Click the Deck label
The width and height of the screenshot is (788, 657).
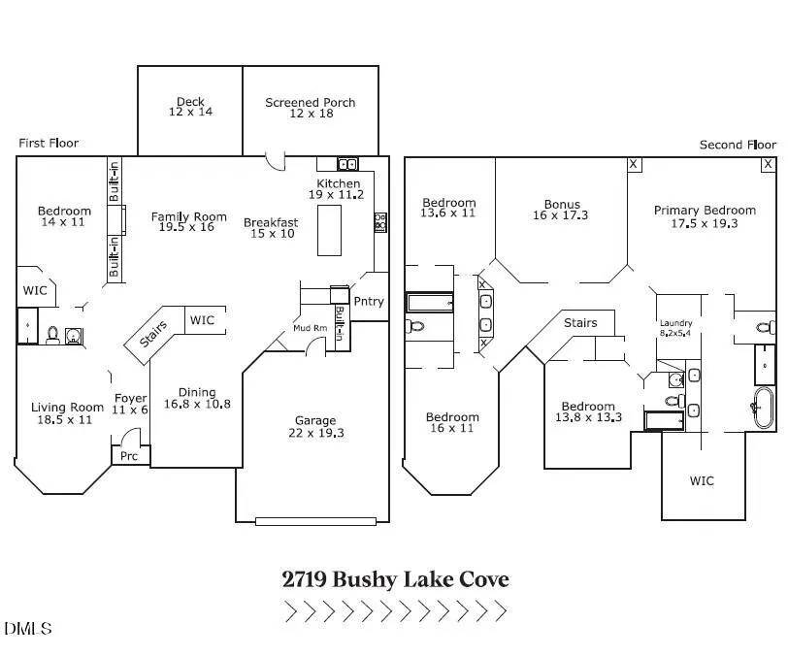pos(190,102)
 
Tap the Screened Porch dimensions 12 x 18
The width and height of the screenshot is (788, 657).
pos(312,114)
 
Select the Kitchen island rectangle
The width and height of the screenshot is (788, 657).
pos(329,231)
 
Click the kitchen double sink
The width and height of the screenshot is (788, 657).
pos(347,164)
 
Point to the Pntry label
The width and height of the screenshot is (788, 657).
pos(369,301)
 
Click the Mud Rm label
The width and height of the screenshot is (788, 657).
pos(311,328)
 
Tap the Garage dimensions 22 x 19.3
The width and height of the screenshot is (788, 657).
pos(316,433)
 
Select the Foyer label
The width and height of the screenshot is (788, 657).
pos(131,398)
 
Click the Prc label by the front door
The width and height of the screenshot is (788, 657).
pos(129,456)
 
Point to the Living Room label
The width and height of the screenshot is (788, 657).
pos(67,408)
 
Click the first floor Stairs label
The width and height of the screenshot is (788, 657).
pos(153,334)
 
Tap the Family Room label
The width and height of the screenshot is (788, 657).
pos(189,216)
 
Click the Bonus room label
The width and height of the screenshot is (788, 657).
pos(562,204)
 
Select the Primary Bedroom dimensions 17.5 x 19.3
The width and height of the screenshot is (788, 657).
pos(705,223)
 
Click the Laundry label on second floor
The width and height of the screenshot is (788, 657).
pos(676,323)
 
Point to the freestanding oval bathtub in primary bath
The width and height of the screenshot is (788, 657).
pos(765,408)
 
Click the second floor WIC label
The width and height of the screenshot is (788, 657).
pos(702,480)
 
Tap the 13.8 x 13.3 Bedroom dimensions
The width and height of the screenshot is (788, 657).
pos(588,416)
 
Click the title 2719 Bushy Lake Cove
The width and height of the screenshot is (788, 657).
pos(396,579)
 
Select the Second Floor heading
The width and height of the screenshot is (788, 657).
pos(738,145)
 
